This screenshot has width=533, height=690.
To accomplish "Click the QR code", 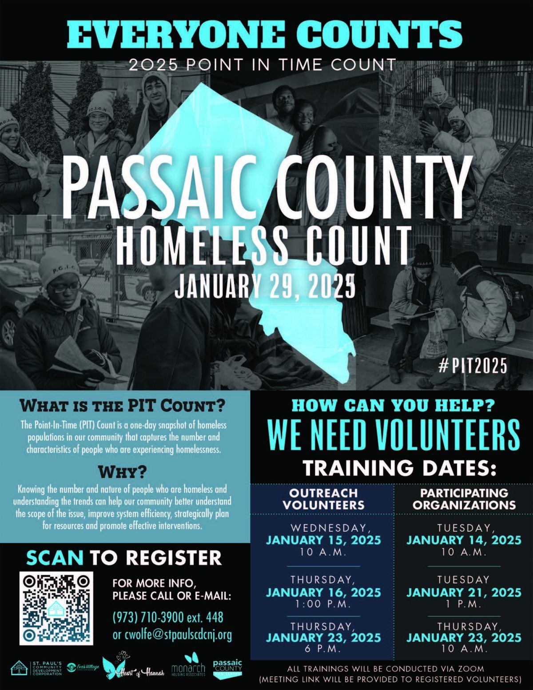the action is tap(56, 608).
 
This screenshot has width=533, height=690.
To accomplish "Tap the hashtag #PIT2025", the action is tap(473, 366).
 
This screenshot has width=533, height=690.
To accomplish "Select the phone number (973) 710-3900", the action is tap(148, 617).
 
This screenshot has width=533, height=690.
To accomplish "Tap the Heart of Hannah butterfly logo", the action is tap(133, 665).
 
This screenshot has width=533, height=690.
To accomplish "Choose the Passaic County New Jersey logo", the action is tap(227, 668).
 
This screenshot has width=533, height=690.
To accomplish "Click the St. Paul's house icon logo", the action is tap(19, 668).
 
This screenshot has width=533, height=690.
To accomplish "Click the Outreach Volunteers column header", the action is tap(323, 499).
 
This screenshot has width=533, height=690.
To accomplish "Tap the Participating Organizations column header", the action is tap(464, 499).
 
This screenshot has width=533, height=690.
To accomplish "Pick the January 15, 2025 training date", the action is tap(323, 540).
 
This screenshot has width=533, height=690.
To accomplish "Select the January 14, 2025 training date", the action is tap(464, 540).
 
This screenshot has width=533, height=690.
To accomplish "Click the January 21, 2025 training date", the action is tap(464, 593).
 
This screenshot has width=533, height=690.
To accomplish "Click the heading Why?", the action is tap(123, 472).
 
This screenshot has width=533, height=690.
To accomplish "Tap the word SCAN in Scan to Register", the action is tap(55, 558).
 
